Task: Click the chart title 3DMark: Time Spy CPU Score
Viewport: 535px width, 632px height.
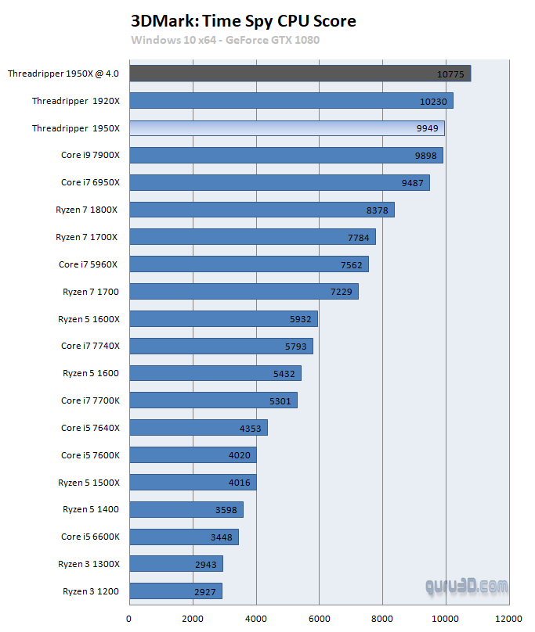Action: pos(244,21)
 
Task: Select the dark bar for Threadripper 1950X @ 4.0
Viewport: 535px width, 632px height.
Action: pos(300,74)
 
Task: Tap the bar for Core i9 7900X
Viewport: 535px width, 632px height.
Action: pos(286,155)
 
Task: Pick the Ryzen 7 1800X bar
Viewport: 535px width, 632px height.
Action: pos(262,210)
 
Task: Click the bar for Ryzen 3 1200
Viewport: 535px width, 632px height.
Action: pos(175,591)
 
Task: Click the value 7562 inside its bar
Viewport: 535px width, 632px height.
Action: pos(352,265)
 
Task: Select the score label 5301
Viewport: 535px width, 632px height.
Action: pos(280,401)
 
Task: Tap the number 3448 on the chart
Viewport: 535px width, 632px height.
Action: pos(222,537)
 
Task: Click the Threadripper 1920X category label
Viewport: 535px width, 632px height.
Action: pos(76,101)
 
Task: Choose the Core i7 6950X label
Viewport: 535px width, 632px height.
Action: pos(90,182)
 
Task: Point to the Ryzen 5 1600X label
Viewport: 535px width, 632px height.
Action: pos(89,319)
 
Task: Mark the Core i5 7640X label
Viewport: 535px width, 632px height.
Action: pos(90,428)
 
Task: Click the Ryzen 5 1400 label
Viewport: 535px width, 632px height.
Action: pos(91,510)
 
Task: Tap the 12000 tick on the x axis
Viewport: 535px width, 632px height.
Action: pos(509,618)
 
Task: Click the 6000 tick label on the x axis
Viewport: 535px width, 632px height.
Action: pos(319,618)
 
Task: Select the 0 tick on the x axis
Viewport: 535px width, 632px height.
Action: pos(129,618)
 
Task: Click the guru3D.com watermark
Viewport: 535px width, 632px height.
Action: pos(466,585)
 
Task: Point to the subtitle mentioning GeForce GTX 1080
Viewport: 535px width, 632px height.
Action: pos(226,40)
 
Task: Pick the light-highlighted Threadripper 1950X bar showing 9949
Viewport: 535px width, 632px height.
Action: pos(287,128)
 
